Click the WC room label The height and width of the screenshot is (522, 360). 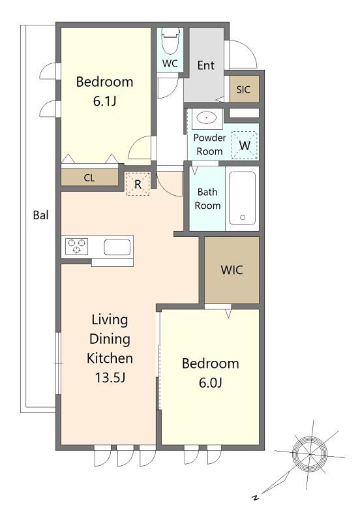pyautogui.click(x=170, y=63)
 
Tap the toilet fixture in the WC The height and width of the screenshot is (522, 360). pyautogui.click(x=170, y=41)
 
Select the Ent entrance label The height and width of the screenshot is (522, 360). pyautogui.click(x=205, y=65)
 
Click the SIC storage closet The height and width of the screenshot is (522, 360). pyautogui.click(x=243, y=89)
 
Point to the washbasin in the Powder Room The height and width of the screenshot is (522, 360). pyautogui.click(x=207, y=118)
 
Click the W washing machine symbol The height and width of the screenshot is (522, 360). pyautogui.click(x=245, y=145)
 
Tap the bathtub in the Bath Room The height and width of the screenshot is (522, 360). pyautogui.click(x=242, y=198)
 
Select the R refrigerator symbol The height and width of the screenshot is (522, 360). pyautogui.click(x=138, y=184)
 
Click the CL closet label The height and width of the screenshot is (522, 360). pyautogui.click(x=89, y=178)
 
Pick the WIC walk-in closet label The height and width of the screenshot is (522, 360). pyautogui.click(x=232, y=270)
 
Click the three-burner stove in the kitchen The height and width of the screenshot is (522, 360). pyautogui.click(x=76, y=247)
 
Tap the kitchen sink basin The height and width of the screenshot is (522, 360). pyautogui.click(x=117, y=247)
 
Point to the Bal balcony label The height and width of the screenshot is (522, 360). pyautogui.click(x=40, y=215)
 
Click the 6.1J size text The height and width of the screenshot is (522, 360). pyautogui.click(x=104, y=101)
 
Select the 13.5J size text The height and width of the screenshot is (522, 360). pyautogui.click(x=110, y=378)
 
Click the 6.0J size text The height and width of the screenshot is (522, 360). pyautogui.click(x=210, y=383)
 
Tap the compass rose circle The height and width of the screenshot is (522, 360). pyautogui.click(x=309, y=453)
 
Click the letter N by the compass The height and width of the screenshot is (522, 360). pyautogui.click(x=255, y=498)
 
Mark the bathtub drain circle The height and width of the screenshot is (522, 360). pyautogui.click(x=243, y=217)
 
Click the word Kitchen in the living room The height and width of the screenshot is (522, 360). pyautogui.click(x=110, y=358)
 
